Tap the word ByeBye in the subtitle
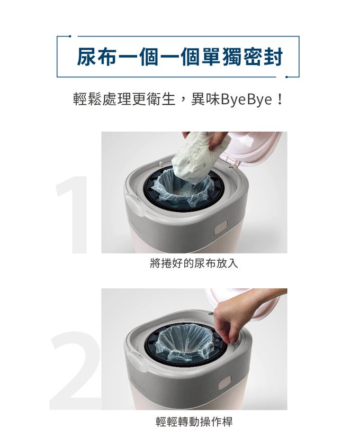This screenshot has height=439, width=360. [246, 99]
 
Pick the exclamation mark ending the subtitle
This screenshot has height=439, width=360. [280, 99]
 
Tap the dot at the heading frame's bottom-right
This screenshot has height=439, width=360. [286, 77]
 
